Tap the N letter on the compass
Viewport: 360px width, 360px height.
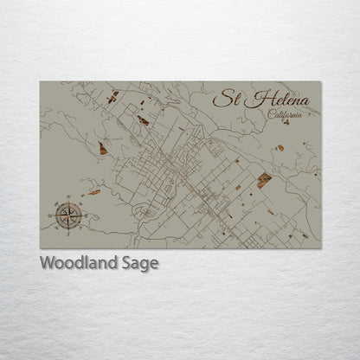69,198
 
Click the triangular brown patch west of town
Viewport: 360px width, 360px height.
103,149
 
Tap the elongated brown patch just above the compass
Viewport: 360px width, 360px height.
93,192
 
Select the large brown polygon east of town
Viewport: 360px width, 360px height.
264,180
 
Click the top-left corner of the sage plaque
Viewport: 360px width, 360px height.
40,82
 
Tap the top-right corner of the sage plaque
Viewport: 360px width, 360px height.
321,82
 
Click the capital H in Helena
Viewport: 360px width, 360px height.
252,100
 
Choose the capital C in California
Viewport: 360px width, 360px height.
272,116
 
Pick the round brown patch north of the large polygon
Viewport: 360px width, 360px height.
280,148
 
